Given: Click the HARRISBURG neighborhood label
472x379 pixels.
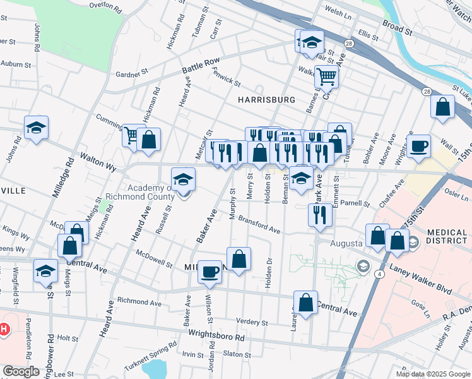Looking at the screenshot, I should [x=266, y=100].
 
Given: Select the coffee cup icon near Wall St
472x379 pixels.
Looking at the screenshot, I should [x=418, y=147].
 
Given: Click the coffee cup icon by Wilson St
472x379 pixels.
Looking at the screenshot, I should [x=209, y=272].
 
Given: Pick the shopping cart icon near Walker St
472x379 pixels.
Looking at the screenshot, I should [x=326, y=76].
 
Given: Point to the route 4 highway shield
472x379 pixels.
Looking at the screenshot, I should [x=379, y=274].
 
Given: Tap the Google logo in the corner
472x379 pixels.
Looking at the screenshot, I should [x=21, y=371].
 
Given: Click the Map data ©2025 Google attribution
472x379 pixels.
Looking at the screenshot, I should [x=432, y=374].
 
